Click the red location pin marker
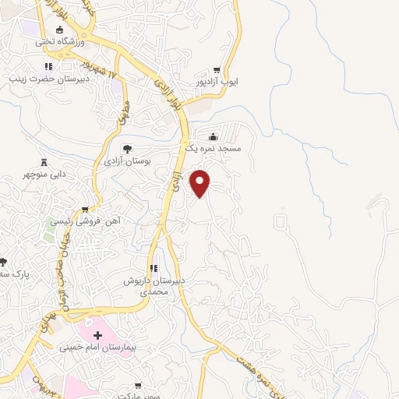coord(201,183)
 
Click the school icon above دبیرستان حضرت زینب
coord(48,66)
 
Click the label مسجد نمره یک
coord(213,147)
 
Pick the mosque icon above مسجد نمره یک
coord(213,136)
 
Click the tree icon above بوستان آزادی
coord(128,148)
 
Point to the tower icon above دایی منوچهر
coord(44,161)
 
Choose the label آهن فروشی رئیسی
coord(86,221)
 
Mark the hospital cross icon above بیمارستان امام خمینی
coord(97,334)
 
